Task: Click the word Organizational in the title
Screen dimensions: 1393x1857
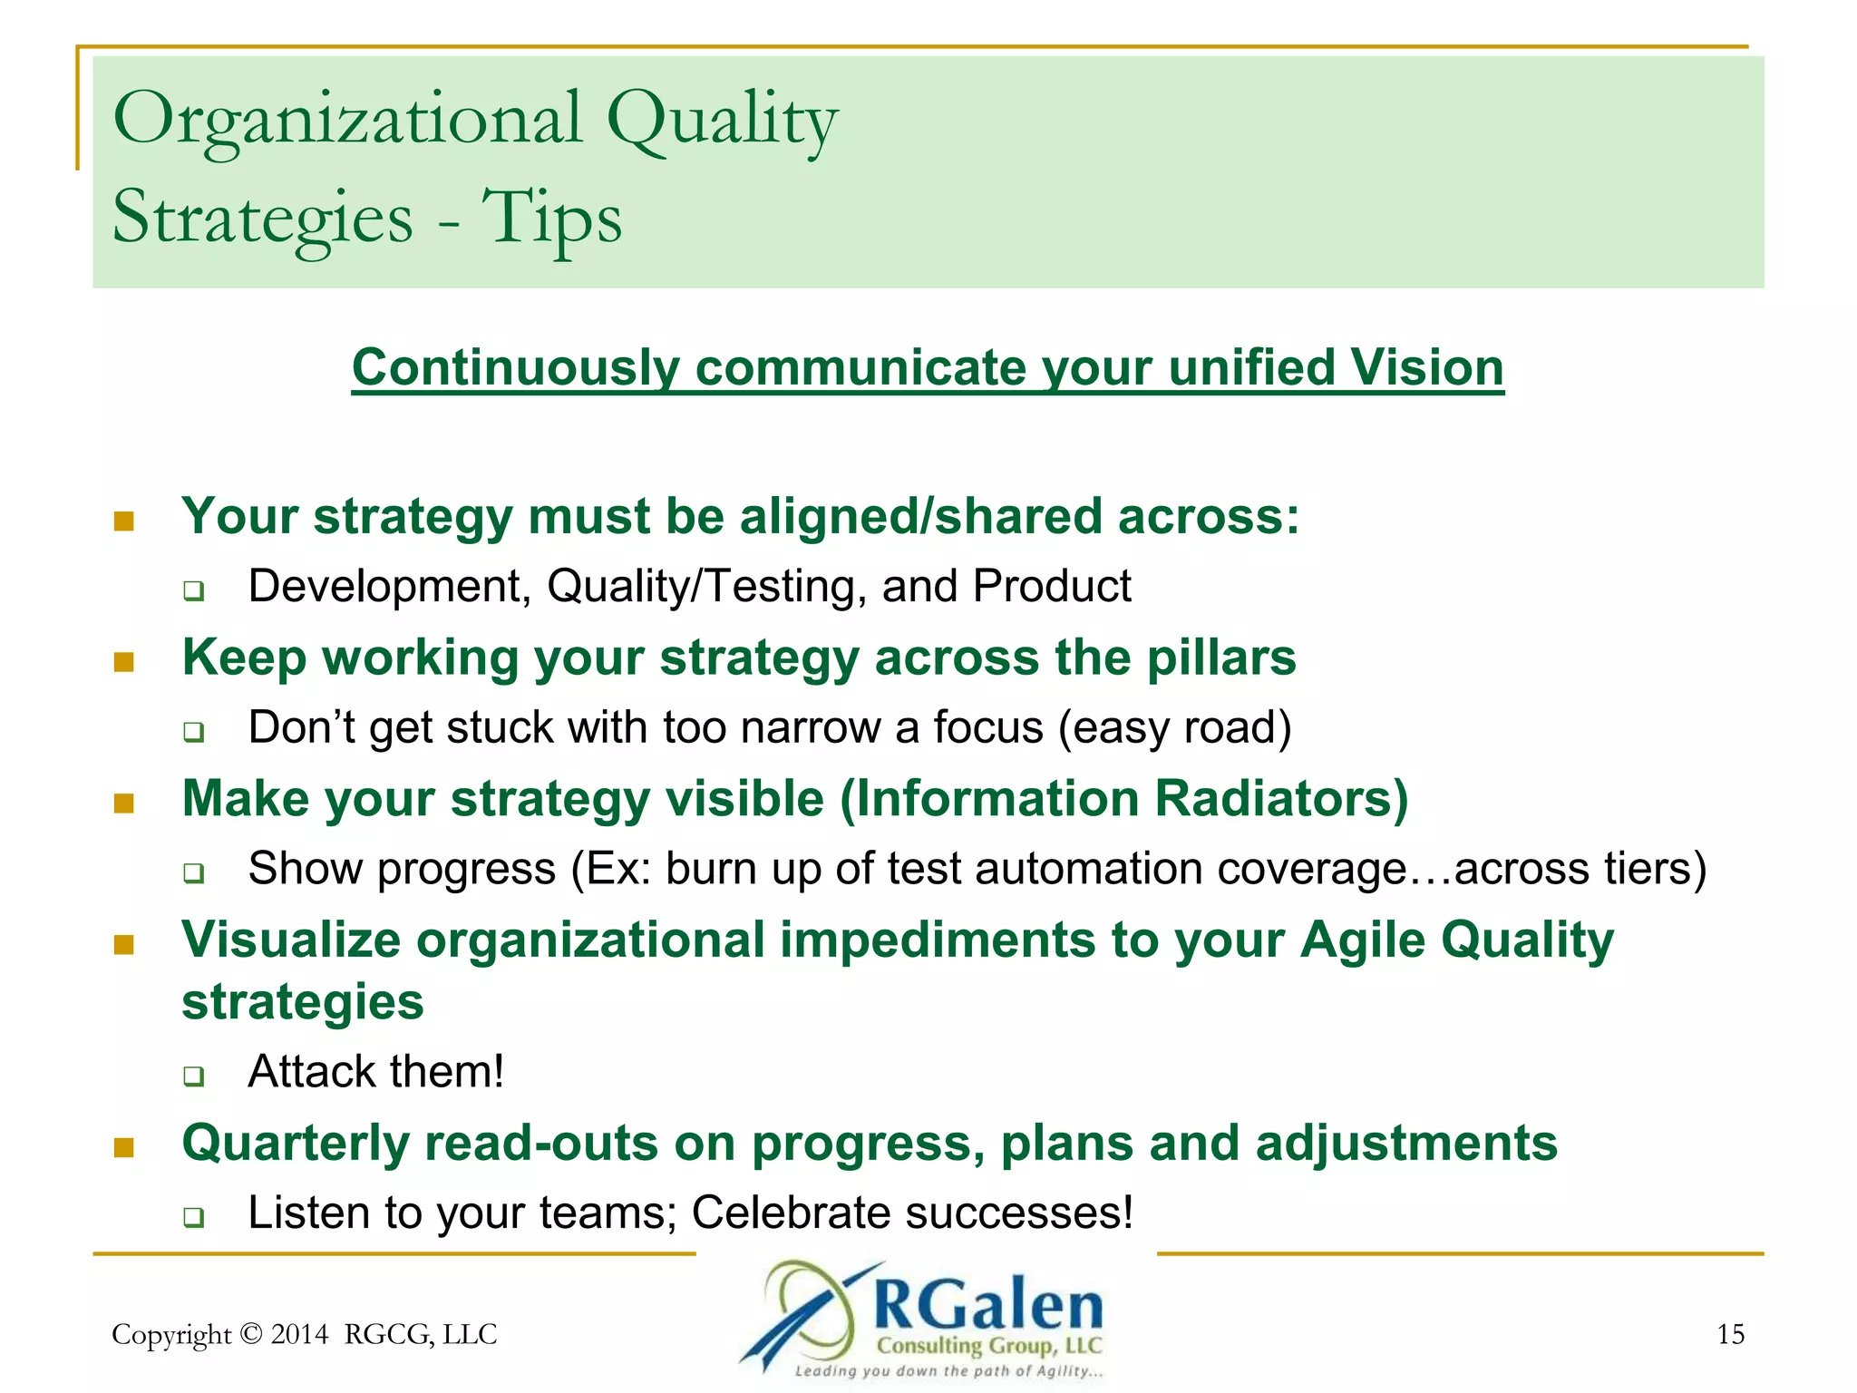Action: pyautogui.click(x=347, y=121)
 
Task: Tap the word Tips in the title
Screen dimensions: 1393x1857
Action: pyautogui.click(x=551, y=219)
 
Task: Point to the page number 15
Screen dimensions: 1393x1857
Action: pyautogui.click(x=1730, y=1334)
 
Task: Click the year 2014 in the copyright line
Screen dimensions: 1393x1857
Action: pyautogui.click(x=299, y=1334)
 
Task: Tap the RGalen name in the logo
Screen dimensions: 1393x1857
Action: pyautogui.click(x=988, y=1307)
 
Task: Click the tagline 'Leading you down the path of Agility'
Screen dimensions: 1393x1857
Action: pyautogui.click(x=948, y=1371)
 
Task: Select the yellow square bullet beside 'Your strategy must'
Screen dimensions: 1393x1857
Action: pyautogui.click(x=124, y=521)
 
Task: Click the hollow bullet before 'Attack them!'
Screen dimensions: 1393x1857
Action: pyautogui.click(x=193, y=1076)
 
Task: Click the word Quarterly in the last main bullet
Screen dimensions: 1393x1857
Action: pyautogui.click(x=296, y=1144)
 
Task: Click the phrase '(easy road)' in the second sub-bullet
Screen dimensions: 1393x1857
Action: pyautogui.click(x=1174, y=728)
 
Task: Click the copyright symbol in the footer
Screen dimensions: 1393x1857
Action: pyautogui.click(x=251, y=1334)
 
